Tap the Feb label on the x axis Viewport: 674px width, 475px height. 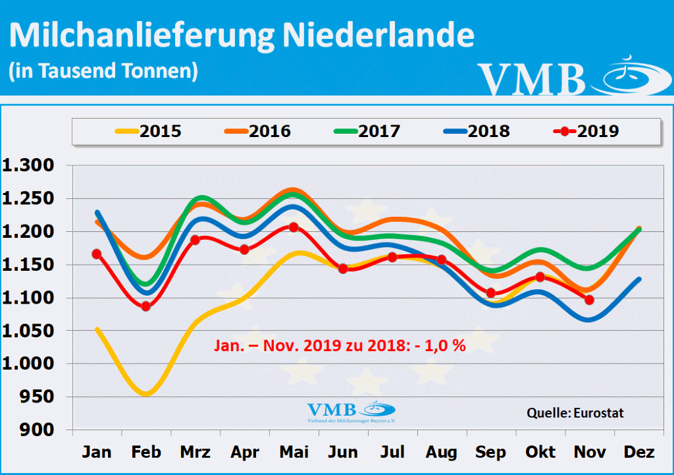pyautogui.click(x=146, y=453)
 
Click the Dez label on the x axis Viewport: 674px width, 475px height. pyautogui.click(x=639, y=453)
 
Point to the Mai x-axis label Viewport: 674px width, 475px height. pyautogui.click(x=294, y=453)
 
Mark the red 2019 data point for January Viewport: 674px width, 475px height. pyautogui.click(x=97, y=254)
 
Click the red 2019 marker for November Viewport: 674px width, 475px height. pyautogui.click(x=590, y=300)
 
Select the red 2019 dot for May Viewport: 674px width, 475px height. pyautogui.click(x=294, y=227)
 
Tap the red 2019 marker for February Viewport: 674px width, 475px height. pyautogui.click(x=146, y=306)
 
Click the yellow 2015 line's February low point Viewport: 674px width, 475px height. pyautogui.click(x=146, y=394)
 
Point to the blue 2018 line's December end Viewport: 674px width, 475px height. pyautogui.click(x=638, y=279)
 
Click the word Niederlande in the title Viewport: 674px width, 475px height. pyautogui.click(x=378, y=36)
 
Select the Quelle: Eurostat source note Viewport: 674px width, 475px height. pyautogui.click(x=575, y=413)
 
